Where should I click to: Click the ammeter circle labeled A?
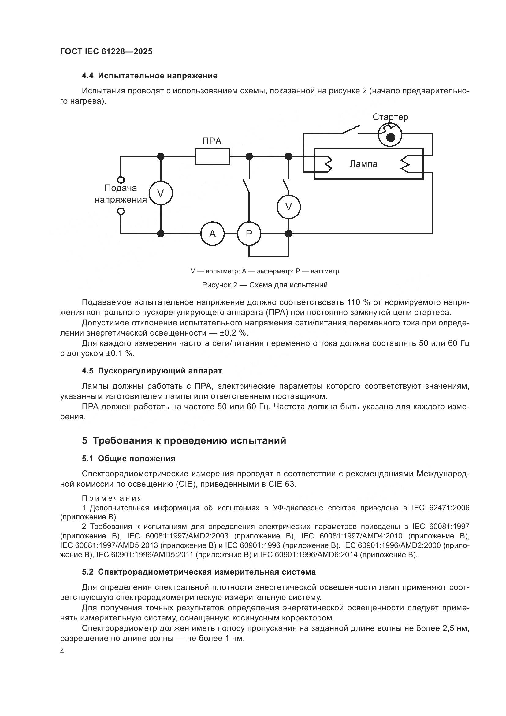click(x=212, y=234)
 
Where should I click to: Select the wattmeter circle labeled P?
click(x=249, y=234)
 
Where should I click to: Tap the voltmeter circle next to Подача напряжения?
click(x=161, y=193)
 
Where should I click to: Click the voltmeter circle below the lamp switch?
click(x=288, y=207)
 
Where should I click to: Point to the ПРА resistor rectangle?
click(x=213, y=156)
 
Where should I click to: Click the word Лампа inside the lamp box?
click(x=363, y=164)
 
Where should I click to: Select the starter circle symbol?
click(x=390, y=134)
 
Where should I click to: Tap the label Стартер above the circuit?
click(x=390, y=117)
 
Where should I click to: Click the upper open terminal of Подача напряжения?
click(x=121, y=180)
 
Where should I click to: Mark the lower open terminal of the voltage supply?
click(x=121, y=212)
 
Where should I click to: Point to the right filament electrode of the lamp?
click(x=406, y=164)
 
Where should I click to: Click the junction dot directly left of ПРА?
click(x=161, y=156)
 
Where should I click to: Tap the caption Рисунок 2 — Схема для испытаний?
click(x=265, y=285)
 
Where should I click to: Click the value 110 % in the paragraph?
click(x=358, y=302)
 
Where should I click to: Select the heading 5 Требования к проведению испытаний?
click(x=184, y=440)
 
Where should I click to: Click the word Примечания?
click(x=112, y=498)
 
